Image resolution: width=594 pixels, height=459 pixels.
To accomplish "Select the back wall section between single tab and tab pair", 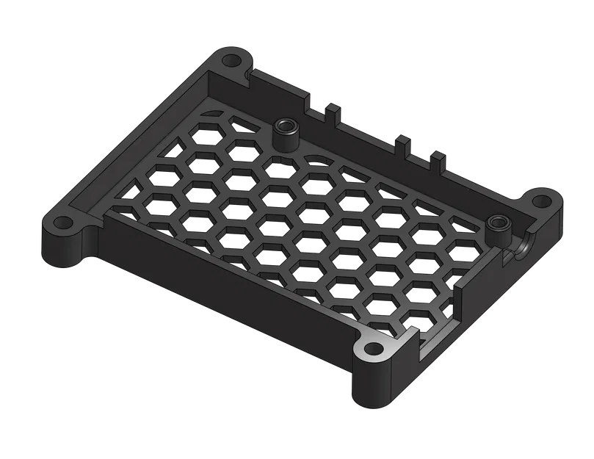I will (x=367, y=136).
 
